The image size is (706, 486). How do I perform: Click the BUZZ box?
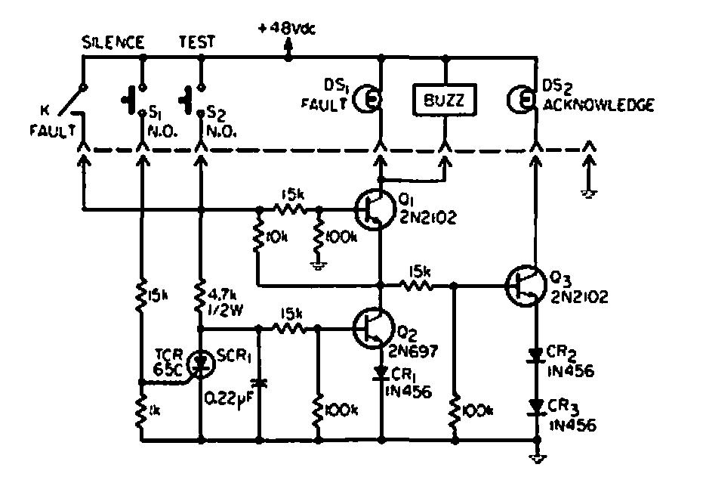445,99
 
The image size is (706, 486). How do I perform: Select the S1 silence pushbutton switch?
133,99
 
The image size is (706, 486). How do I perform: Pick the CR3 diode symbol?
536,408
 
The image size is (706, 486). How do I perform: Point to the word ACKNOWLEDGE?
597,107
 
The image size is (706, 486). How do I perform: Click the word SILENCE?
113,43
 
